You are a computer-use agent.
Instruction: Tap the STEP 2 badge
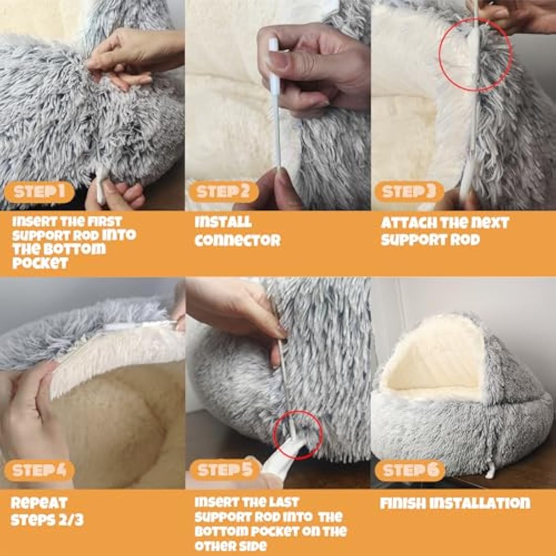pos(223,192)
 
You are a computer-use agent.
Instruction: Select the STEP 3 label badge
pos(408,192)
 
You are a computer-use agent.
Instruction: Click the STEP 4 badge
pos(39,471)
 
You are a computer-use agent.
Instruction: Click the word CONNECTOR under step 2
pos(237,240)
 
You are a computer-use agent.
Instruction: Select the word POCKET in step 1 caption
pos(40,263)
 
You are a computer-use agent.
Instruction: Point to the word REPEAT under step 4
pos(39,503)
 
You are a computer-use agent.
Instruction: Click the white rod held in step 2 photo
pos(277,126)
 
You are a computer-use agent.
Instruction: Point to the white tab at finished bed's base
pos(489,473)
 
